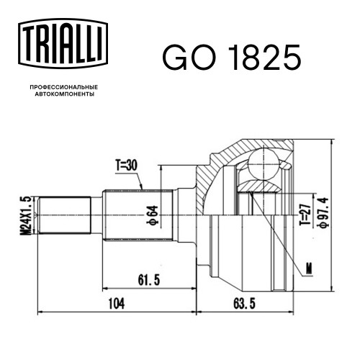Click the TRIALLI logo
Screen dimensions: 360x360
pyautogui.click(x=63, y=43)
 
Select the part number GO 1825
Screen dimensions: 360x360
pyautogui.click(x=232, y=58)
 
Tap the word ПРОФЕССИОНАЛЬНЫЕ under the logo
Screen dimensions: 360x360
pyautogui.click(x=64, y=87)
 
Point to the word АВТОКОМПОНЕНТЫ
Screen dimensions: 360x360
pyautogui.click(x=65, y=94)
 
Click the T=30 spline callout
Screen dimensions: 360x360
pyautogui.click(x=127, y=166)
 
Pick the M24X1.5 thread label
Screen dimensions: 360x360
pyautogui.click(x=26, y=215)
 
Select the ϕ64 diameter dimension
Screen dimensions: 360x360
pyautogui.click(x=153, y=215)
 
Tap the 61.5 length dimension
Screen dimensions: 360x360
pyautogui.click(x=149, y=280)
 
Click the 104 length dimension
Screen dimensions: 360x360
pyautogui.click(x=117, y=304)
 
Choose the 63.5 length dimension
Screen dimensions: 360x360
pyautogui.click(x=244, y=303)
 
